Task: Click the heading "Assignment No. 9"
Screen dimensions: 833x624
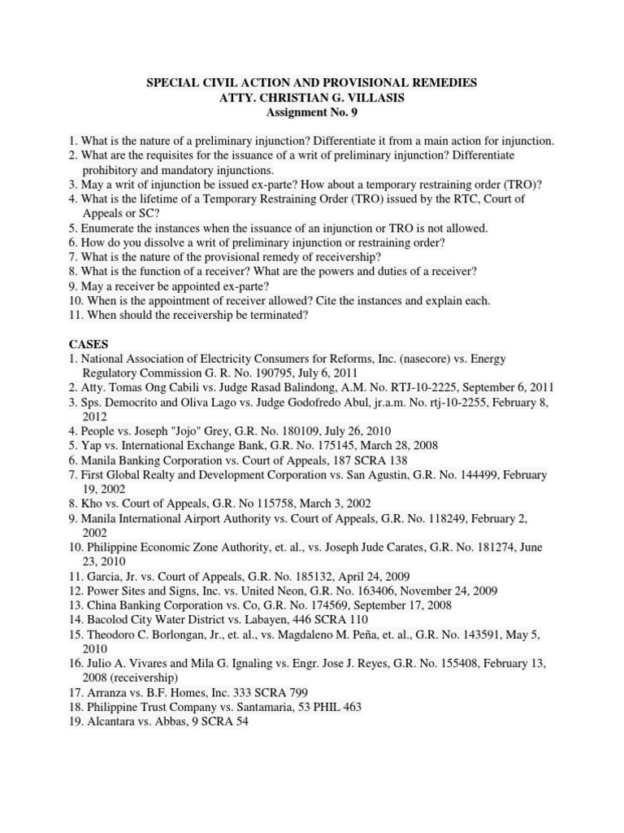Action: (311, 113)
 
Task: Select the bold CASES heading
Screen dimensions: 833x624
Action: (89, 344)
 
